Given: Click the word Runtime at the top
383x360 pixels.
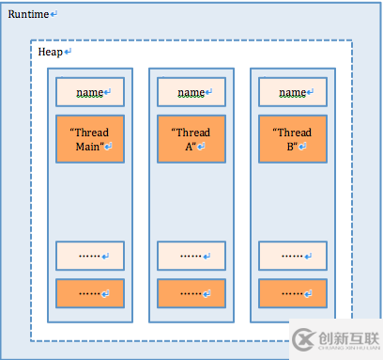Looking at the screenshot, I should [x=27, y=15].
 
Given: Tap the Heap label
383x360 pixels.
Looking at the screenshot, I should [x=50, y=53].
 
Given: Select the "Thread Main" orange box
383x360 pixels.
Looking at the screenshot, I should [x=90, y=138].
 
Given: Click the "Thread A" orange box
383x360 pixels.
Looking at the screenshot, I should [x=191, y=138].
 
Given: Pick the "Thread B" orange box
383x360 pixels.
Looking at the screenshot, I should [x=292, y=138].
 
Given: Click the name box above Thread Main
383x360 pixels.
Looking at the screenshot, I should [x=90, y=92].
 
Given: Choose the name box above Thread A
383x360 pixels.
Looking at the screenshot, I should [x=191, y=92].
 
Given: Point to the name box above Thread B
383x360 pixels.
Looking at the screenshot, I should [x=292, y=92].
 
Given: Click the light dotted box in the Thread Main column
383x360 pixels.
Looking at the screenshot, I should [x=90, y=255].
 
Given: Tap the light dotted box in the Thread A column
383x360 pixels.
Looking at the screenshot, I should [x=191, y=255].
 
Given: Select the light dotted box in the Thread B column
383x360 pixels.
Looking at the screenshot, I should [x=292, y=255].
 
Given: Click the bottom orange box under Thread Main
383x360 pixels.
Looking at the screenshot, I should [x=90, y=292].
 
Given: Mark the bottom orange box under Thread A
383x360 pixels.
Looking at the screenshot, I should [x=191, y=292].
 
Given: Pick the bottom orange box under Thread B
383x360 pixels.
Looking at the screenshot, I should [x=292, y=292].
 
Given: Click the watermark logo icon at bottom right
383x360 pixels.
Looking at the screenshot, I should [x=302, y=339].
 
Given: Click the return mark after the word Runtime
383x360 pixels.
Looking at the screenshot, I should [x=54, y=15].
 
